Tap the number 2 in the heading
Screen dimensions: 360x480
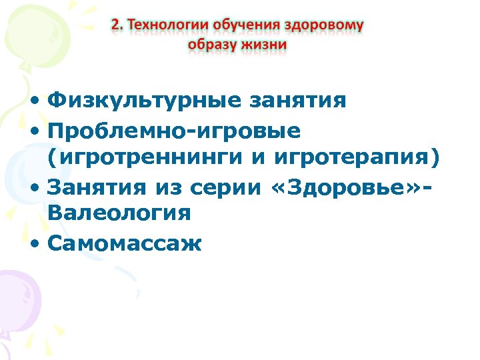tap(116, 25)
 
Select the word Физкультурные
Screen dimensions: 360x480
tap(145, 101)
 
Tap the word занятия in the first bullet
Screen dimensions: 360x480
tap(297, 101)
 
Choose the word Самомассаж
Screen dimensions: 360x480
tap(125, 243)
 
